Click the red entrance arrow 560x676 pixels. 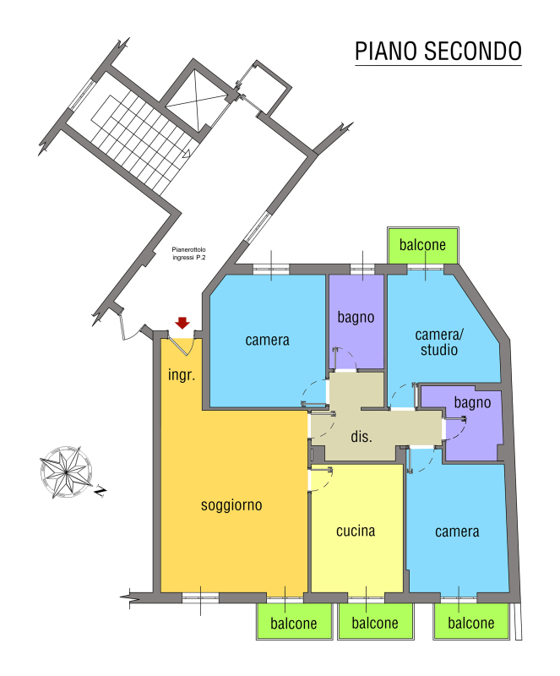pyautogui.click(x=182, y=323)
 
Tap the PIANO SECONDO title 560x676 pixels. pyautogui.click(x=438, y=52)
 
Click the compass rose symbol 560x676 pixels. pyautogui.click(x=66, y=472)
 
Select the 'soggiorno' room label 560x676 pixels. pyautogui.click(x=231, y=505)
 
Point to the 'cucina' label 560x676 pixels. pyautogui.click(x=356, y=531)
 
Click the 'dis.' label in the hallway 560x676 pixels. pyautogui.click(x=362, y=436)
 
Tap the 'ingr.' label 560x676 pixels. pyautogui.click(x=182, y=374)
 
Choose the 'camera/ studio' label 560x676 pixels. pyautogui.click(x=439, y=342)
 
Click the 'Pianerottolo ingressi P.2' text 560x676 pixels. pyautogui.click(x=189, y=253)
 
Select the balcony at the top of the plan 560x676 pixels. pyautogui.click(x=423, y=246)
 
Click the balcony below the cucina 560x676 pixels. pyautogui.click(x=375, y=621)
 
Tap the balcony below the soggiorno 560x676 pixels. pyautogui.click(x=294, y=621)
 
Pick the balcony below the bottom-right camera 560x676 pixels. pyautogui.click(x=471, y=621)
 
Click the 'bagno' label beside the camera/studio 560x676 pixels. pyautogui.click(x=472, y=403)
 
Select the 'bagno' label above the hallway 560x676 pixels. pyautogui.click(x=356, y=318)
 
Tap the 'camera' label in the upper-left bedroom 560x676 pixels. pyautogui.click(x=267, y=341)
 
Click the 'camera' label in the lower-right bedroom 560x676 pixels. pyautogui.click(x=457, y=532)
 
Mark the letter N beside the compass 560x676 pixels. pyautogui.click(x=101, y=492)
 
